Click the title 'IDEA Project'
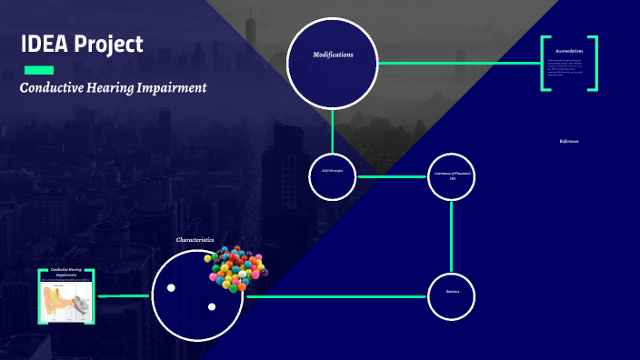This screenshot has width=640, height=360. pyautogui.click(x=82, y=44)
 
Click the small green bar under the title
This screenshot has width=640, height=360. pyautogui.click(x=39, y=70)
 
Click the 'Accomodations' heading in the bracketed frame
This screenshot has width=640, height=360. pyautogui.click(x=569, y=51)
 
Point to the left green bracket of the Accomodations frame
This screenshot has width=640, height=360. pyautogui.click(x=544, y=64)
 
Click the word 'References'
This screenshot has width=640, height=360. pyautogui.click(x=569, y=141)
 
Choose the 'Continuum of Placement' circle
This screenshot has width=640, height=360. pyautogui.click(x=452, y=176)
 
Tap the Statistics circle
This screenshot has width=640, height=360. pyautogui.click(x=452, y=296)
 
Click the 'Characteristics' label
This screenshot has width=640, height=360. pyautogui.click(x=195, y=240)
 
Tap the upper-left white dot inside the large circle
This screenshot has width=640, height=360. pyautogui.click(x=171, y=288)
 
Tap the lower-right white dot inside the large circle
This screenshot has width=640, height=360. pyautogui.click(x=212, y=306)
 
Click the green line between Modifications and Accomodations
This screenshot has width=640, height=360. pyautogui.click(x=459, y=63)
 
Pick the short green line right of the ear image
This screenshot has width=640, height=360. pyautogui.click(x=124, y=295)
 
